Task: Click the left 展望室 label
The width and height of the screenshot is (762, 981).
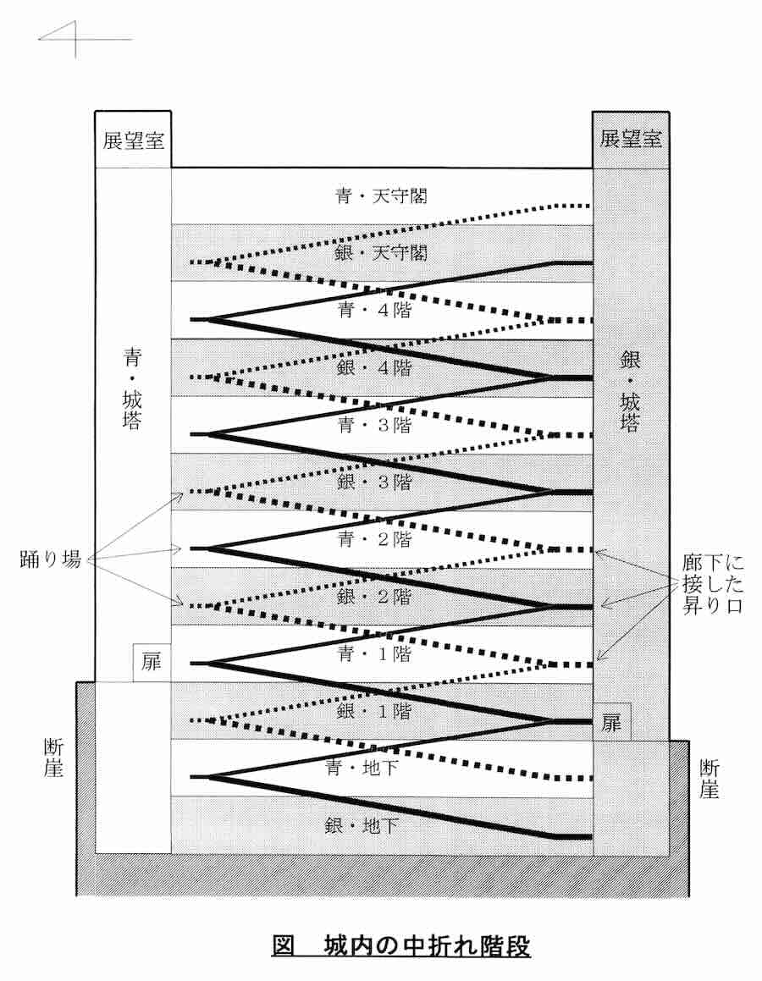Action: coord(133,140)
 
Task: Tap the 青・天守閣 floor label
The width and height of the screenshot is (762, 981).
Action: coord(380,196)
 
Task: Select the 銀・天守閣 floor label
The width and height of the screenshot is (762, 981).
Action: coord(380,252)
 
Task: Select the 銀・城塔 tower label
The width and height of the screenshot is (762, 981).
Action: coord(630,389)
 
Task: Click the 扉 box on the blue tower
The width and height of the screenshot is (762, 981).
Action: coord(152,662)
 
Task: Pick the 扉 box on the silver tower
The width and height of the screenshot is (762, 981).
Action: coord(611,721)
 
